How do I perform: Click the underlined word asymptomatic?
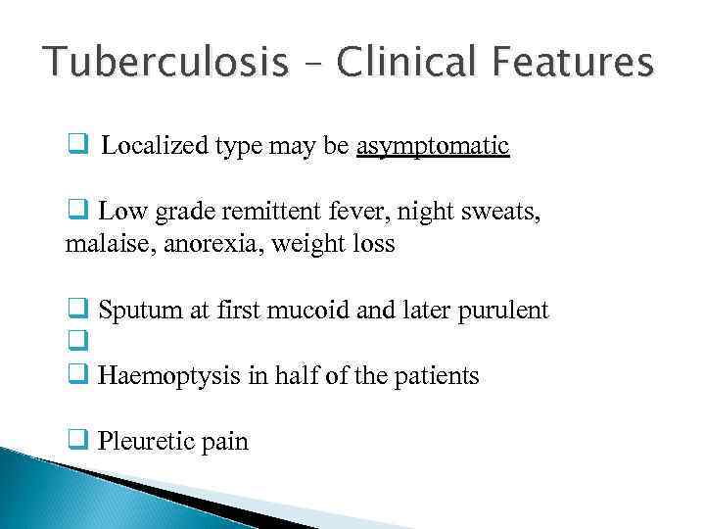point(433,147)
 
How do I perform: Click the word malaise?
point(101,244)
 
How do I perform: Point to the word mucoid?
point(312,311)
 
